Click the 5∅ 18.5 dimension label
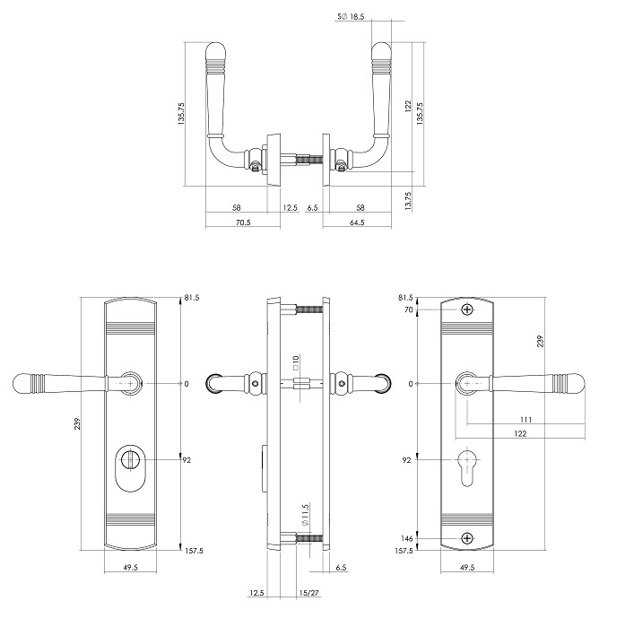351,17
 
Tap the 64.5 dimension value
357,222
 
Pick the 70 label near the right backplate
409,309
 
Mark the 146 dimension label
407,538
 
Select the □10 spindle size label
294,363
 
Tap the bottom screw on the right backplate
466,538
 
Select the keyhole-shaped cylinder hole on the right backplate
466,466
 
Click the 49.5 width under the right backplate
466,569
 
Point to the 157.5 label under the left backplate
193,552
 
